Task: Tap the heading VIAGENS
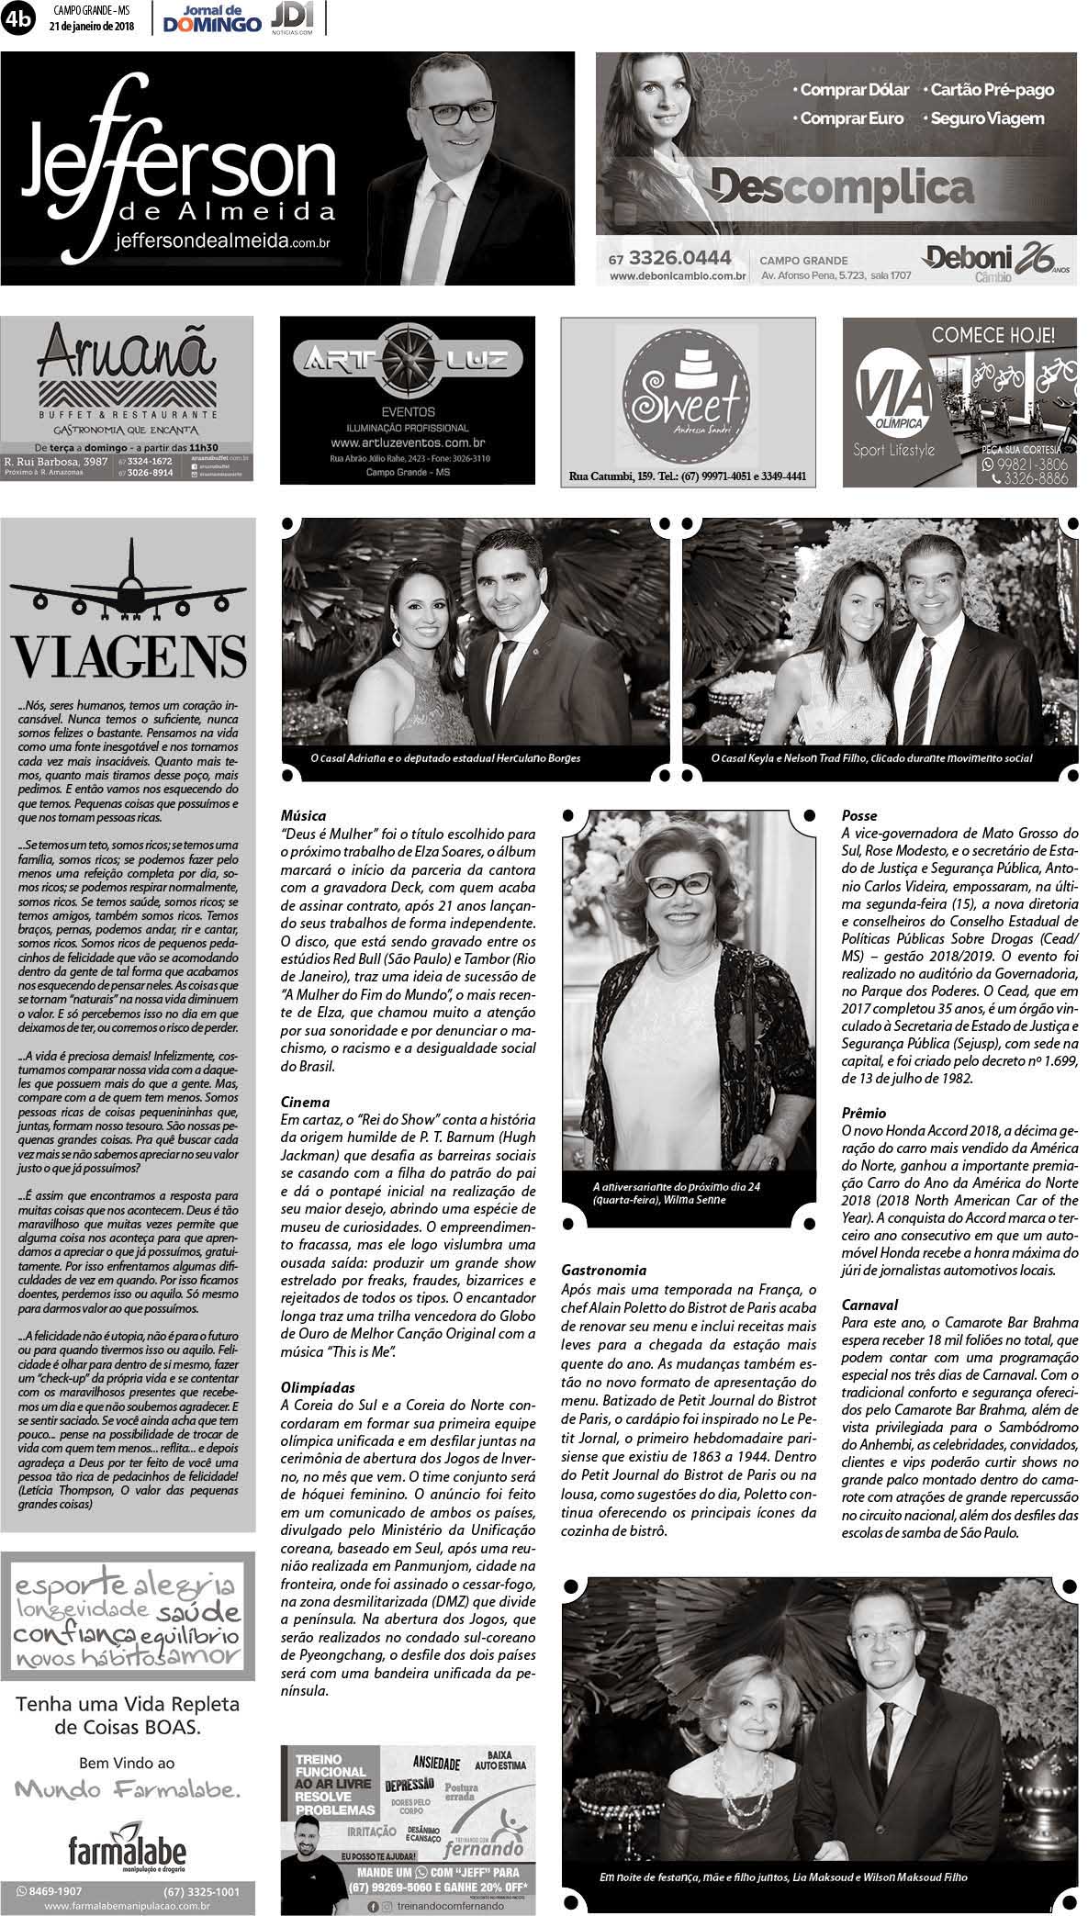pyautogui.click(x=129, y=655)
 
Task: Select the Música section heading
pyautogui.click(x=303, y=815)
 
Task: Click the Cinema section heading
pyautogui.click(x=306, y=1102)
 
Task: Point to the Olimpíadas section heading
pyautogui.click(x=318, y=1388)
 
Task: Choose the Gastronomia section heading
pyautogui.click(x=603, y=1271)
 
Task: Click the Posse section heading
pyautogui.click(x=859, y=815)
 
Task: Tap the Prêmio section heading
pyautogui.click(x=864, y=1113)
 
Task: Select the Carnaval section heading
pyautogui.click(x=869, y=1304)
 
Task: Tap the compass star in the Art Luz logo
pyautogui.click(x=407, y=359)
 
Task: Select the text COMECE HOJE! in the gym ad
pyautogui.click(x=993, y=334)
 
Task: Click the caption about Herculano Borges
pyautogui.click(x=444, y=758)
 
